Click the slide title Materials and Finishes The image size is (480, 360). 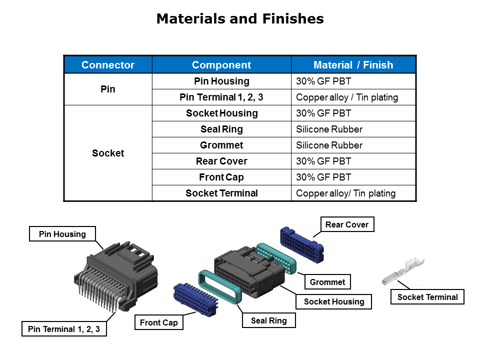tap(240, 19)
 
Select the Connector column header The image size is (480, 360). tap(108, 65)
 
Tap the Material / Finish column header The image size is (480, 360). tap(353, 65)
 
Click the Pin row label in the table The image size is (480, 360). tap(108, 89)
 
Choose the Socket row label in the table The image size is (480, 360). tap(108, 153)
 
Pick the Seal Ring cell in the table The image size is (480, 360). tap(221, 129)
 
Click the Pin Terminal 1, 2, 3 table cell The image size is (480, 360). tap(221, 97)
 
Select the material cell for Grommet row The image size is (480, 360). tap(353, 145)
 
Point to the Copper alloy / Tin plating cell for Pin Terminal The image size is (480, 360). tap(353, 97)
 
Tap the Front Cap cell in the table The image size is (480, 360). tap(221, 177)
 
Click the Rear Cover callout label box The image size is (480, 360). tap(346, 225)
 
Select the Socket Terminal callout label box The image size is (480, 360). tap(427, 297)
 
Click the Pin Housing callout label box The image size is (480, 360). tap(62, 234)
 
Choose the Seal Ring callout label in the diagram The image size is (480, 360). tap(268, 320)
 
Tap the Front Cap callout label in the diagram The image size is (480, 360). tap(158, 322)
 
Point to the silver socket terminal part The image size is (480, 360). tap(402, 270)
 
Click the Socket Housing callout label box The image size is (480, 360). tap(334, 301)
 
